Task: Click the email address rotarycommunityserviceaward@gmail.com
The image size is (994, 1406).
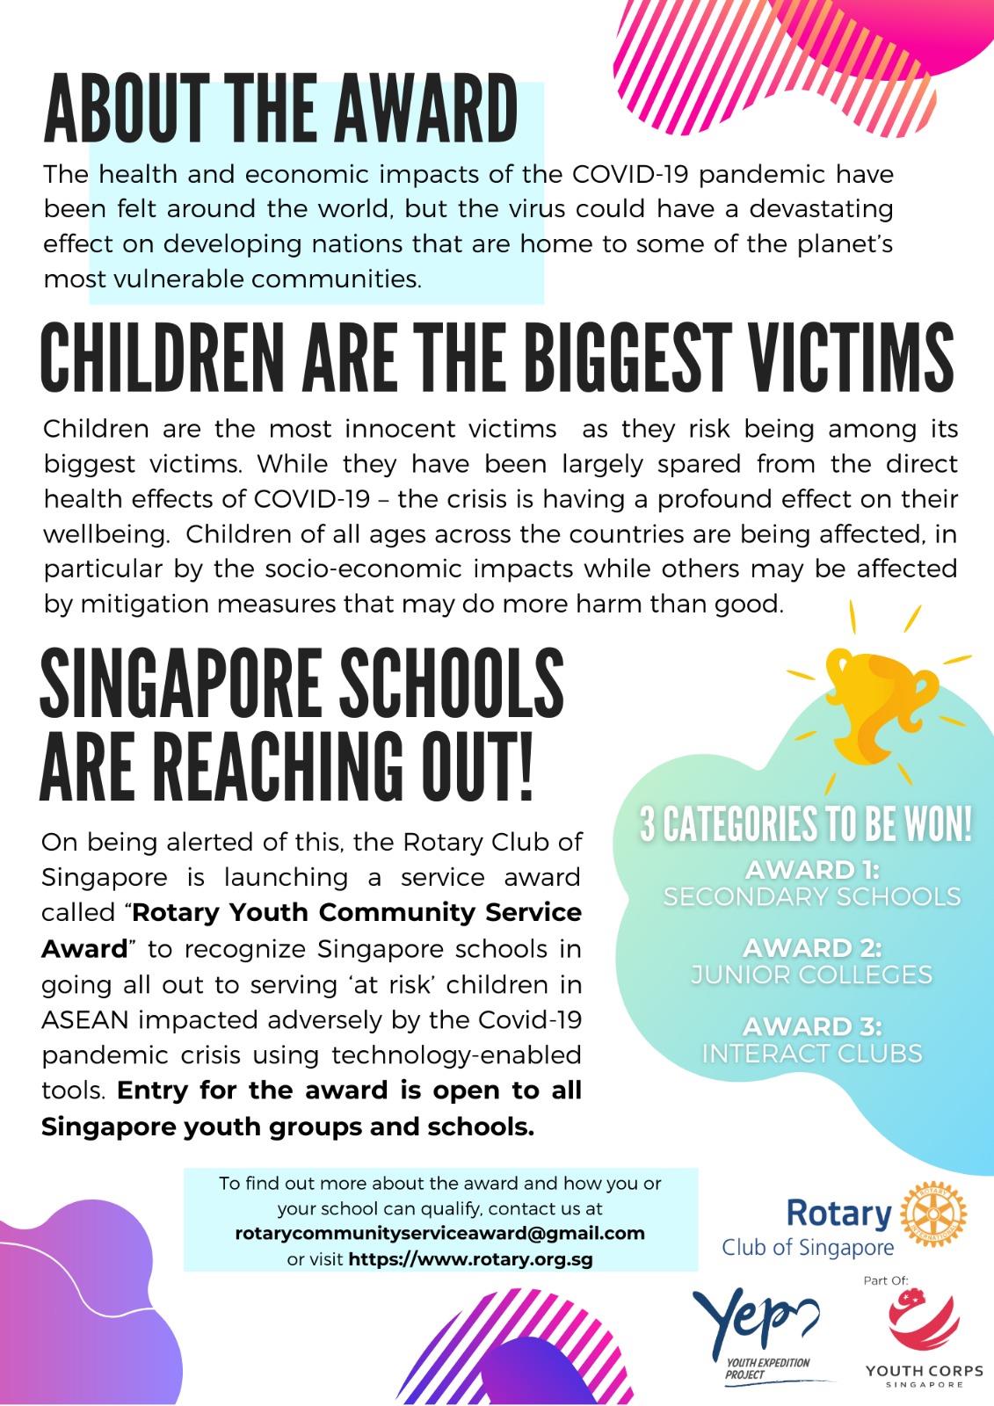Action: tap(439, 1233)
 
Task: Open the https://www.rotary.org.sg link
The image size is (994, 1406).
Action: tap(470, 1259)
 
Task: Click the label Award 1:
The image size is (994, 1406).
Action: tap(812, 870)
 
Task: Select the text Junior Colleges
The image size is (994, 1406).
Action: tap(811, 975)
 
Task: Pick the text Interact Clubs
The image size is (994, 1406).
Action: tap(811, 1053)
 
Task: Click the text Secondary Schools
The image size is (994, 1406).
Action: tap(811, 896)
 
